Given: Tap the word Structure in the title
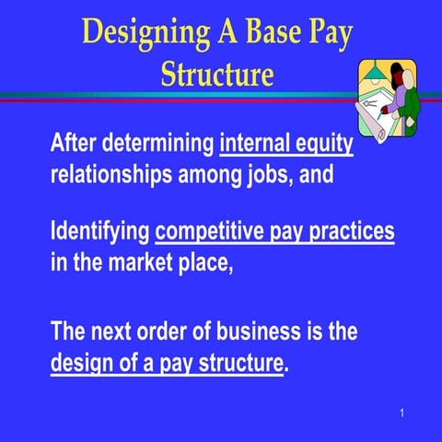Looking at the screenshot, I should coord(217,74).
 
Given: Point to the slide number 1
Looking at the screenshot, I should coord(403,412).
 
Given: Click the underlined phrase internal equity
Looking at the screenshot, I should coord(286,145).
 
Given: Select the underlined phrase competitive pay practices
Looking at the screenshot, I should coord(275,231).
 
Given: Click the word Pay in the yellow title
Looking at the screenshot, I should coord(331,33).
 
